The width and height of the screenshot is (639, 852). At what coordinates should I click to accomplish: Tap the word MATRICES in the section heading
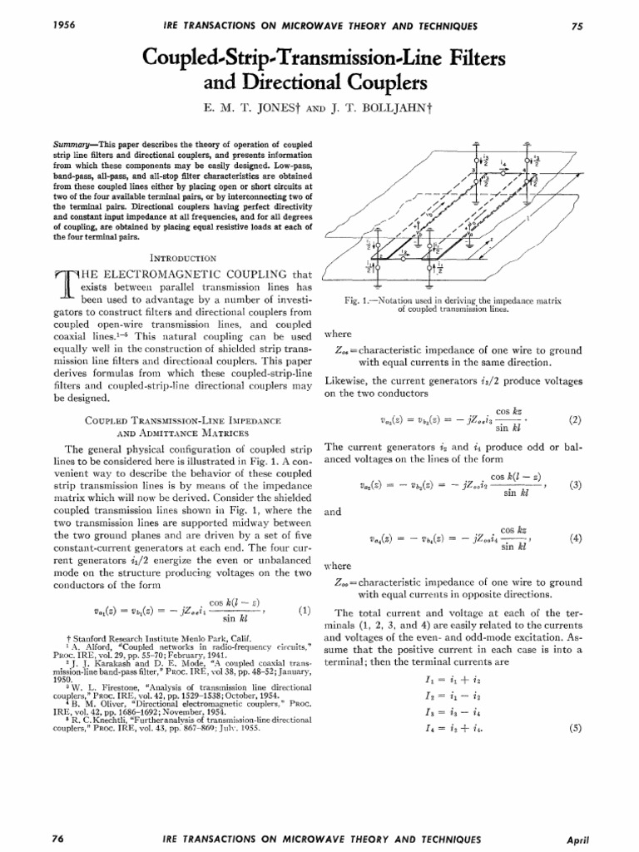click(201, 433)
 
